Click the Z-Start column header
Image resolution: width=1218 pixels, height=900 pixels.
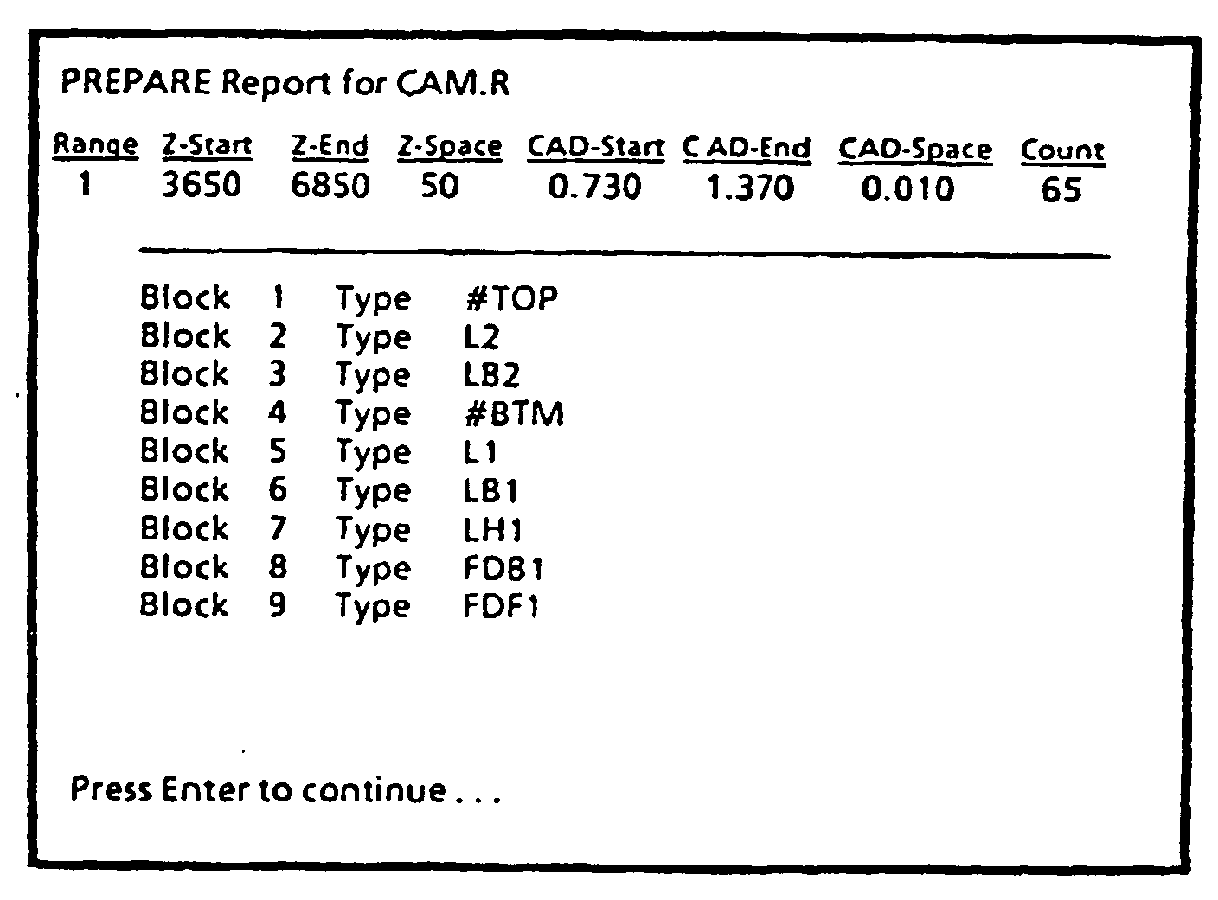[207, 146]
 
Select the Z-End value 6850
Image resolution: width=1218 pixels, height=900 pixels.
[330, 185]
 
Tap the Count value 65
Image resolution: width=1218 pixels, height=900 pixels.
[1061, 189]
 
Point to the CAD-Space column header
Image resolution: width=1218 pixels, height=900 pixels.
[914, 150]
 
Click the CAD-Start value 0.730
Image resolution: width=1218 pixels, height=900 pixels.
[595, 187]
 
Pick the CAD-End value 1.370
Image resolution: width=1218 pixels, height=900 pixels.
[750, 187]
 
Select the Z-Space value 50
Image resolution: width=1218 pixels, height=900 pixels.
[439, 185]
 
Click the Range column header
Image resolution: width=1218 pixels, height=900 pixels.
[95, 146]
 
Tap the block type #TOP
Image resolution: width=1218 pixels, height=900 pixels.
[511, 298]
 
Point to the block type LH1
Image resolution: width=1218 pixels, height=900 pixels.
[493, 529]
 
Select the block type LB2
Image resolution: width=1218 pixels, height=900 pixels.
[492, 375]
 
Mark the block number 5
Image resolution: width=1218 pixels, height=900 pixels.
[277, 451]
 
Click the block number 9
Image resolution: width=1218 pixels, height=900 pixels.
[277, 605]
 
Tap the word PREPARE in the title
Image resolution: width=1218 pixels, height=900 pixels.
[135, 83]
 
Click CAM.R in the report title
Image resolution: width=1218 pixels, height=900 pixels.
[452, 83]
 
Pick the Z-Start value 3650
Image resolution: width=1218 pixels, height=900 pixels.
[202, 185]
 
